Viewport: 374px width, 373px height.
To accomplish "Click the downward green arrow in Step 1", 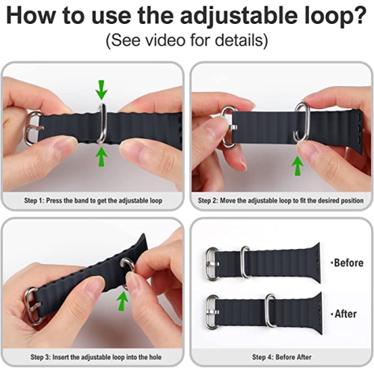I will (102, 90).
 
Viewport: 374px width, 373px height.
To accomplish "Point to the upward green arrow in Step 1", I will (102, 155).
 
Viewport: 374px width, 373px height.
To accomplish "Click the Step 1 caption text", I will (93, 200).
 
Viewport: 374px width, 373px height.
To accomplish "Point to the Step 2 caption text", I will (280, 200).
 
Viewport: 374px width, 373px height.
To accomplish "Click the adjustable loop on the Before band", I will (245, 262).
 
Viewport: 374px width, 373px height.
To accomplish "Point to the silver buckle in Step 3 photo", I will (31, 306).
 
